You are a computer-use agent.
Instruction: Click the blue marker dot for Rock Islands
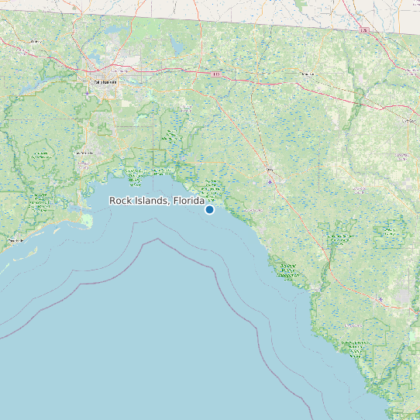(x=209, y=209)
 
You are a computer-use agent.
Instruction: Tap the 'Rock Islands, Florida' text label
(x=156, y=201)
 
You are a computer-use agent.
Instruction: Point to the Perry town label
(x=270, y=170)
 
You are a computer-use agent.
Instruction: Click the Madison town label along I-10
(x=308, y=75)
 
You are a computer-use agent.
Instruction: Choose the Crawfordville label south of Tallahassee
(x=84, y=153)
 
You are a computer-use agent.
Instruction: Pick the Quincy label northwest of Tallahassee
(x=36, y=41)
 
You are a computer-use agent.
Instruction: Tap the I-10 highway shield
(x=215, y=74)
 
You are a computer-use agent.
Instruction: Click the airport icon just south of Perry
(x=270, y=181)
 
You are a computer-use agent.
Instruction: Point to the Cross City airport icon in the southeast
(x=401, y=296)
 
